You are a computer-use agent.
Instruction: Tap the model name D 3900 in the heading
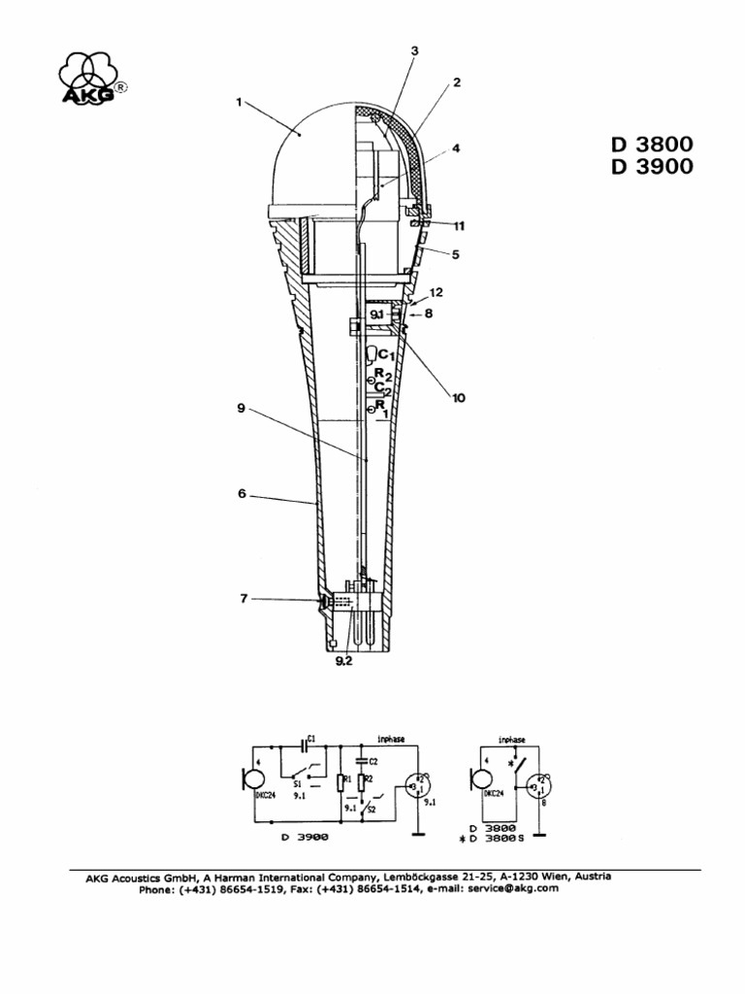click(x=652, y=167)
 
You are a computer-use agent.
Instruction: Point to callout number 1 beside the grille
click(x=239, y=100)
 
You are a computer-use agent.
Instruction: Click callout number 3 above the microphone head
click(x=414, y=50)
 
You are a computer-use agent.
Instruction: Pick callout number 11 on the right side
click(x=458, y=226)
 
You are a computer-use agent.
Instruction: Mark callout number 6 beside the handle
click(x=242, y=494)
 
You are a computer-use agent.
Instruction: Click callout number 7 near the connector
click(x=243, y=599)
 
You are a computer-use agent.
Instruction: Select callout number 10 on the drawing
click(x=458, y=397)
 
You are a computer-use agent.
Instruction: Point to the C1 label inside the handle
click(x=384, y=356)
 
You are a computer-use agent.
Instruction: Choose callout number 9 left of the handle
click(x=242, y=409)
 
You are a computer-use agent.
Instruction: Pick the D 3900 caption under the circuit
click(x=311, y=836)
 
